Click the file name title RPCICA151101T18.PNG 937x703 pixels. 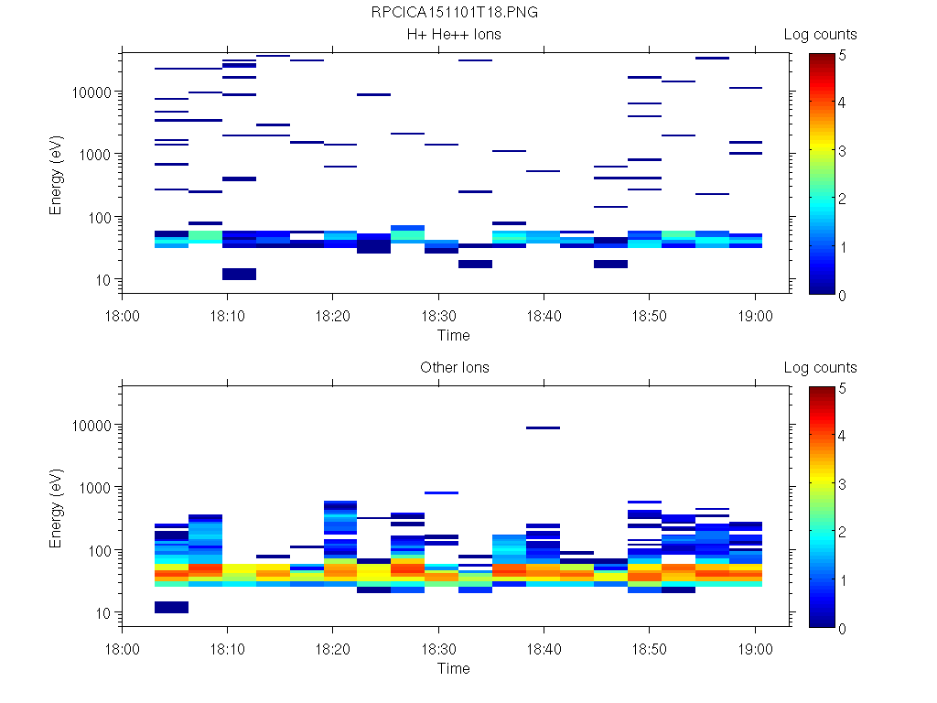click(454, 13)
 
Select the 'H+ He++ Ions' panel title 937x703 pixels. click(454, 35)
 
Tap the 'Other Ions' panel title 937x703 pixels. click(454, 368)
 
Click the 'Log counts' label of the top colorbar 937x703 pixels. click(820, 35)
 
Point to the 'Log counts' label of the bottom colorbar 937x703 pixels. click(820, 368)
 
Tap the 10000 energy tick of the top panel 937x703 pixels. click(92, 92)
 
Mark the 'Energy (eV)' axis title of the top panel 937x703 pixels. click(57, 178)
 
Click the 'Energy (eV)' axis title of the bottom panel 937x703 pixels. click(57, 512)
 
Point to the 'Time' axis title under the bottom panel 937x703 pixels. click(453, 668)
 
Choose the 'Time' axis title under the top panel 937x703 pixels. click(453, 335)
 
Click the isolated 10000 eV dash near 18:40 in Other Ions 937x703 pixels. click(544, 427)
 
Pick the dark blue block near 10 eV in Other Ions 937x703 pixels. click(171, 607)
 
